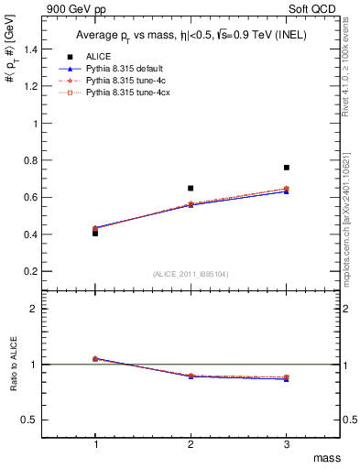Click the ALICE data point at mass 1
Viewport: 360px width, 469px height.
(95, 233)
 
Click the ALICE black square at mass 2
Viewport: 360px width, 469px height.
(191, 188)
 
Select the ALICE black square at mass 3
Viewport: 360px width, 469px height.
(287, 168)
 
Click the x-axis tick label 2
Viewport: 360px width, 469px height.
(191, 444)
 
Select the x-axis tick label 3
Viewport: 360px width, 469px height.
(287, 444)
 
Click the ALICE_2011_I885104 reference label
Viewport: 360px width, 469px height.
(191, 274)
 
